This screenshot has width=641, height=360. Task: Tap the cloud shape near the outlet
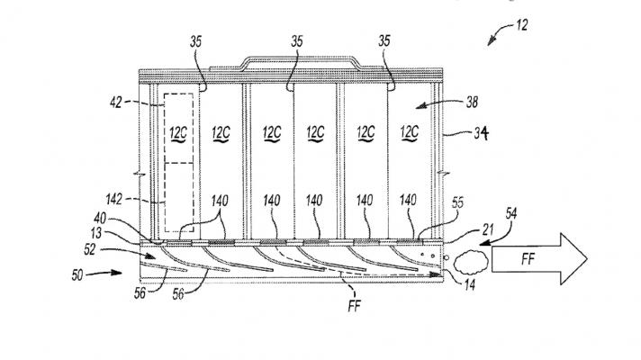pos(468,262)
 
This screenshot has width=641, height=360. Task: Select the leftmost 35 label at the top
pos(197,40)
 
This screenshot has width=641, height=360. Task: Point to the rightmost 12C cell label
pos(409,131)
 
